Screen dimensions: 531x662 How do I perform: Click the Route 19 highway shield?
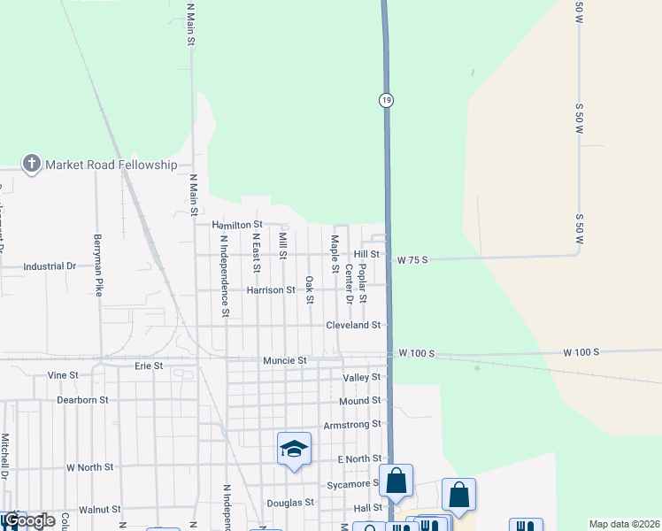(x=387, y=100)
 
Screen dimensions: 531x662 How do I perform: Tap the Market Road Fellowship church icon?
(x=32, y=163)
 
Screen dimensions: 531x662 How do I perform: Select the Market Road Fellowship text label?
(x=112, y=165)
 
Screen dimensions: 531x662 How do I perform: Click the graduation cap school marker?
(x=294, y=449)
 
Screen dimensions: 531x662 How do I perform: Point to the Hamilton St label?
(x=238, y=225)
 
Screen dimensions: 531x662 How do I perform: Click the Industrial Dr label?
(x=50, y=265)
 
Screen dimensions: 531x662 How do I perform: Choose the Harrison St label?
(x=271, y=290)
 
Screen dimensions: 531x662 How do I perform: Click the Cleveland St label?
(x=353, y=325)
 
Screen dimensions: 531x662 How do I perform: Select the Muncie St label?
(x=284, y=361)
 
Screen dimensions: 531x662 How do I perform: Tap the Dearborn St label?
(x=83, y=400)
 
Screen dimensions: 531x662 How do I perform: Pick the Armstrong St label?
(x=351, y=425)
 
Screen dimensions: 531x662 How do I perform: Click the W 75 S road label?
(x=412, y=260)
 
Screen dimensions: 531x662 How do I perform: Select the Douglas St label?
(x=290, y=502)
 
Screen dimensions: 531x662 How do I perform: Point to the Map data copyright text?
(x=624, y=524)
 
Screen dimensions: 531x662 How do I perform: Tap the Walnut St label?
(x=99, y=510)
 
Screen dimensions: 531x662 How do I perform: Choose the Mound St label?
(x=359, y=401)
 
